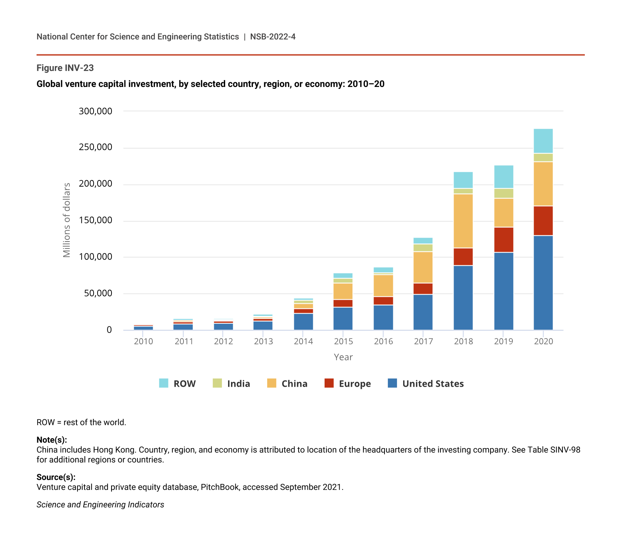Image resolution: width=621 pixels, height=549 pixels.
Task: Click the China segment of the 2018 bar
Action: tap(463, 221)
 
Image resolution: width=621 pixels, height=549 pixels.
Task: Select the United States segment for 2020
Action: tap(543, 283)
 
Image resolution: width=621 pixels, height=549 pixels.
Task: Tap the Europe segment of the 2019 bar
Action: tap(504, 240)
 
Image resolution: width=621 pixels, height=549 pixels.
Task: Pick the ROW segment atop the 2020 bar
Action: tap(543, 141)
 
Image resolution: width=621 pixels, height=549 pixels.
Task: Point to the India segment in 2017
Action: tap(423, 248)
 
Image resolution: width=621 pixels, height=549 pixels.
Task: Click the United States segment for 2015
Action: tap(343, 318)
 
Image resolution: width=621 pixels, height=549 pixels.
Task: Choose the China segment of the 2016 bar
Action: tap(383, 285)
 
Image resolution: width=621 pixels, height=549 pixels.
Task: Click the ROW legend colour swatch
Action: tap(164, 383)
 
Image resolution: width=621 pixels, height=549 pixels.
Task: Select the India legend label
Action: tap(238, 383)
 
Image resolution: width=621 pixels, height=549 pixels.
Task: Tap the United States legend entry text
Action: tap(433, 383)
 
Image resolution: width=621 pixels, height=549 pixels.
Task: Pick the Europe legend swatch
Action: tap(329, 383)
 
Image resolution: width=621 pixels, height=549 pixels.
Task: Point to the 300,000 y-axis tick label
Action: tap(95, 111)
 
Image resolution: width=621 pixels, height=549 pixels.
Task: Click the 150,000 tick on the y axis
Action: tap(95, 220)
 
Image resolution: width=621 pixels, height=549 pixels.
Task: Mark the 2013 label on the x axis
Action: tap(263, 341)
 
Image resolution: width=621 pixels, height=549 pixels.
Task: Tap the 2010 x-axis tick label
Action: tap(143, 341)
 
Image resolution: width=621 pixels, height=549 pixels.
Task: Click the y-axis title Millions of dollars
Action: tap(67, 220)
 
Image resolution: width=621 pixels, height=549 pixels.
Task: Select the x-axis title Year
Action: tap(343, 357)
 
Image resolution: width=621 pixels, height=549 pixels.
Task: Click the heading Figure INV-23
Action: tap(65, 68)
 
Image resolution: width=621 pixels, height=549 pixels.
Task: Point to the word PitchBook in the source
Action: tap(220, 487)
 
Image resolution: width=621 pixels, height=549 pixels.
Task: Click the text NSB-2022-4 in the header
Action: tap(273, 37)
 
